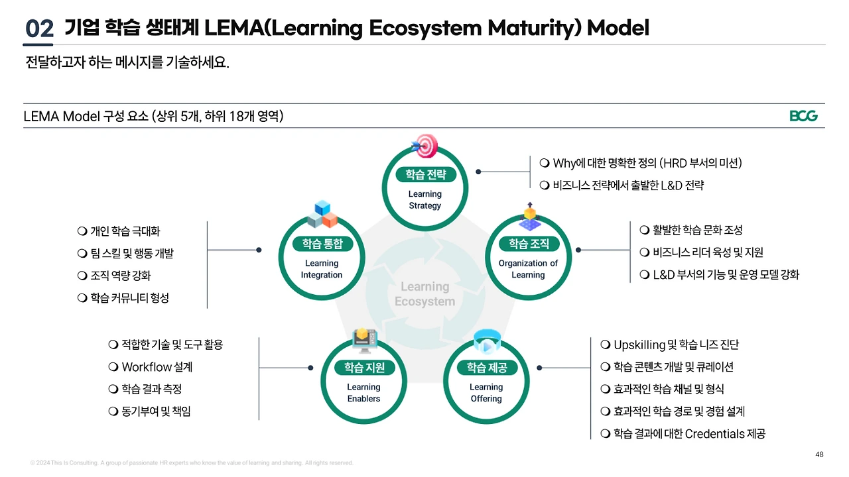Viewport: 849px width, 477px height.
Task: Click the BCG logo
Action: (x=803, y=116)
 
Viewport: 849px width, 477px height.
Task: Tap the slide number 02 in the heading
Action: (x=39, y=28)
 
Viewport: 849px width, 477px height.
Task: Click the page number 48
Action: (x=819, y=454)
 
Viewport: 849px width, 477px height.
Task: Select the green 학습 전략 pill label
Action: (x=426, y=174)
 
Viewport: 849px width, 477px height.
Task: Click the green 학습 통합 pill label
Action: (x=322, y=244)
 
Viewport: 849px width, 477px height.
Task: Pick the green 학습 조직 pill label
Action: (x=529, y=244)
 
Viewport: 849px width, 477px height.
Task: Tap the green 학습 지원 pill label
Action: (x=364, y=368)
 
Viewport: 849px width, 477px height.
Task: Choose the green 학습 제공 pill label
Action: (x=487, y=368)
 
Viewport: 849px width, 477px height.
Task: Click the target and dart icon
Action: (x=425, y=146)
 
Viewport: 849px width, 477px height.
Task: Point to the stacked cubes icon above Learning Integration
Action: (x=322, y=214)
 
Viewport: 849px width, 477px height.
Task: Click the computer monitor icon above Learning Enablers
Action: (x=364, y=340)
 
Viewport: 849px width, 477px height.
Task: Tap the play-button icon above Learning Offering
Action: (x=487, y=341)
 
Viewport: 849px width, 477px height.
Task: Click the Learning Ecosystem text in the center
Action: (x=425, y=293)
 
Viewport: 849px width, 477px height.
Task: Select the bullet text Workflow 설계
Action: (x=157, y=367)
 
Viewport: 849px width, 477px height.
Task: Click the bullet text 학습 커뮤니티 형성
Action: (x=129, y=298)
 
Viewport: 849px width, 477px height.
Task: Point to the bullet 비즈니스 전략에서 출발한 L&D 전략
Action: (x=628, y=185)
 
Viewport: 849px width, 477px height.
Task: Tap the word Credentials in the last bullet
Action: (x=715, y=433)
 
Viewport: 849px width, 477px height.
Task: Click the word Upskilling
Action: (x=639, y=345)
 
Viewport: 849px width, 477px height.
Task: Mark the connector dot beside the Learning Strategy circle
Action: (x=478, y=172)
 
